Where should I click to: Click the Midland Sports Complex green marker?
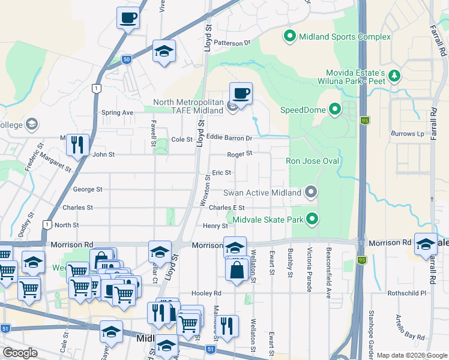(289, 37)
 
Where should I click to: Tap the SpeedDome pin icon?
(334, 110)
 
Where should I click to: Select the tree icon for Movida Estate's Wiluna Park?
(394, 76)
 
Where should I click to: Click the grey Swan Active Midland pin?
(310, 193)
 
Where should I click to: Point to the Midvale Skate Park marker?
(312, 220)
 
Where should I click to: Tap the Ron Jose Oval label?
(313, 161)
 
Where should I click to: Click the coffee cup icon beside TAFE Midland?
(241, 94)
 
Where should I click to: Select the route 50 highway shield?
(126, 59)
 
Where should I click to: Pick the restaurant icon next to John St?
(77, 144)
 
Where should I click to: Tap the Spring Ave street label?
(117, 112)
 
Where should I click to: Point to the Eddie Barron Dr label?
(228, 137)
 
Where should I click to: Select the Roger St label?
(240, 154)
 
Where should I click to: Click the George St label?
(87, 189)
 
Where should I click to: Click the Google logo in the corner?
(20, 352)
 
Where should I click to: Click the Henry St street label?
(215, 226)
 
